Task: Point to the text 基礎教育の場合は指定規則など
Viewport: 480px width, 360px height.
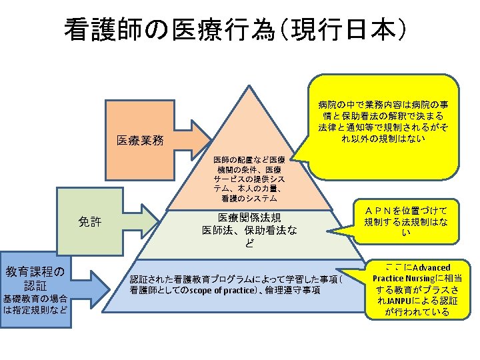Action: tap(35, 304)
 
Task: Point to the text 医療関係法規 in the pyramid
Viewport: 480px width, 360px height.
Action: tap(249, 218)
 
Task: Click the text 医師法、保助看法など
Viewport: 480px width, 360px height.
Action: tap(249, 237)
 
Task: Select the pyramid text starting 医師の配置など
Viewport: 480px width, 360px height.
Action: tap(249, 180)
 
